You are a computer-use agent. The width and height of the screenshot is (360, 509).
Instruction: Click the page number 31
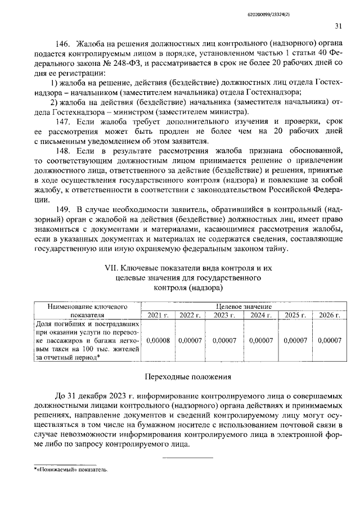(338, 25)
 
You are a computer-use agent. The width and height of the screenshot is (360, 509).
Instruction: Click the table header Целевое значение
(244, 307)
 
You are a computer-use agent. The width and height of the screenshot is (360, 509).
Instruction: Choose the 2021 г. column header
(158, 316)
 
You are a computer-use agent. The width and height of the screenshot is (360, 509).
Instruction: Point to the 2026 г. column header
(329, 316)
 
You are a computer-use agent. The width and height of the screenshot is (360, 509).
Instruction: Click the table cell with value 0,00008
(158, 340)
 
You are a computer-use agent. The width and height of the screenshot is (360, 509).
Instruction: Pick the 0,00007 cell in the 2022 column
(190, 340)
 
